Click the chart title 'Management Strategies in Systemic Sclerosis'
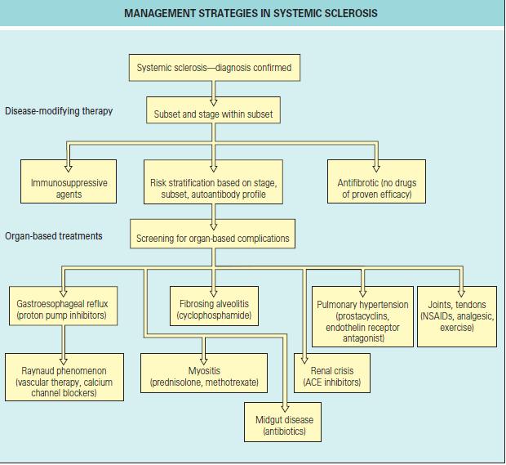(251, 13)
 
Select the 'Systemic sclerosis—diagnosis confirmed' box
(215, 68)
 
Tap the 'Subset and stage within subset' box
(213, 110)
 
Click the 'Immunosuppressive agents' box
(69, 181)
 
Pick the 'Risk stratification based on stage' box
(213, 182)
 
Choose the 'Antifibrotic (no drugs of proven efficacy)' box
(376, 181)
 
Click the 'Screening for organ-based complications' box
(213, 234)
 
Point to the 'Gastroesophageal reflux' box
(64, 306)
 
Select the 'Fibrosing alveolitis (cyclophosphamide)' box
(215, 306)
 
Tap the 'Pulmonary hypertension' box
(362, 317)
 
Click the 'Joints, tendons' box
(457, 317)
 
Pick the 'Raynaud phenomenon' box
(64, 377)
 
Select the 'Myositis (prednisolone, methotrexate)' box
(204, 373)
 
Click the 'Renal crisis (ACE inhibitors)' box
(332, 373)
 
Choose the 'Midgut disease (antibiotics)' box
(282, 422)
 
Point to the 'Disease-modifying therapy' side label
(59, 111)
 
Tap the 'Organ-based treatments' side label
(54, 236)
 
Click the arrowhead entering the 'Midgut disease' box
(285, 408)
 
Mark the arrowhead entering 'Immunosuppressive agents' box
(68, 168)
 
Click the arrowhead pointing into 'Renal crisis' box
(304, 360)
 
